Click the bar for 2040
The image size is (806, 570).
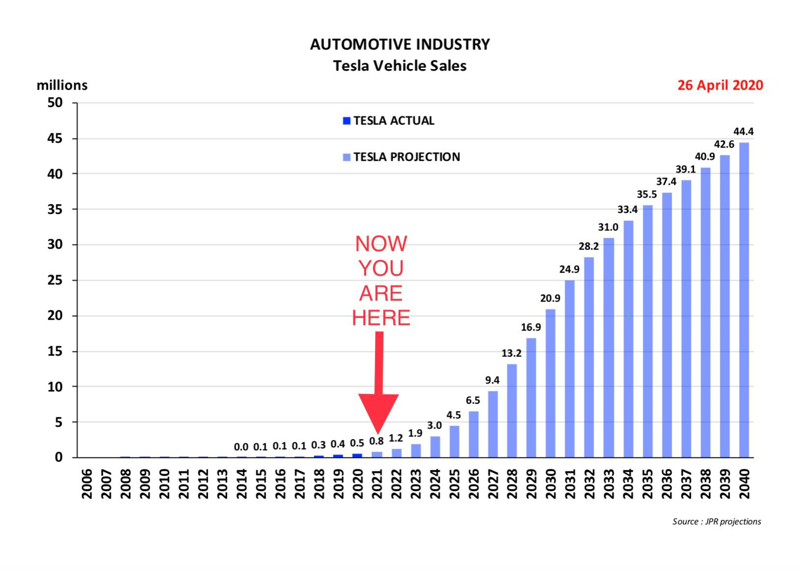pos(744,300)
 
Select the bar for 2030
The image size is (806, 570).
pos(550,383)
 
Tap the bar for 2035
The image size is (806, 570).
pos(647,331)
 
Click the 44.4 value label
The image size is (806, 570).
pos(743,131)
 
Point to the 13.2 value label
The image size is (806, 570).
pos(511,353)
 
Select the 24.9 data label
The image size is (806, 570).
pos(569,269)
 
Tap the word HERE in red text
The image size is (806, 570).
pos(381,318)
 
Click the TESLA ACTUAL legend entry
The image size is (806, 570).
pos(388,121)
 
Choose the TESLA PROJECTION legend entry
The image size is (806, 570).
pos(401,157)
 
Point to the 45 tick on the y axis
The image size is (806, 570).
pos(55,139)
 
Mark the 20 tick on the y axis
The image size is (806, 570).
pos(55,316)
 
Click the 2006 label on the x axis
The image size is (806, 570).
pos(87,484)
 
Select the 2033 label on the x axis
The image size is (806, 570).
pos(609,484)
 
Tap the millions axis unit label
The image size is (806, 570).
pos(62,85)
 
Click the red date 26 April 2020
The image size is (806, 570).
pos(720,85)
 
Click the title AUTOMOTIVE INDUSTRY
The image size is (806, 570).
pos(400,45)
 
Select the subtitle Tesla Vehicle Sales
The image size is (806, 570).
pos(400,66)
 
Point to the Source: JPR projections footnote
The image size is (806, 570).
pos(716,521)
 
